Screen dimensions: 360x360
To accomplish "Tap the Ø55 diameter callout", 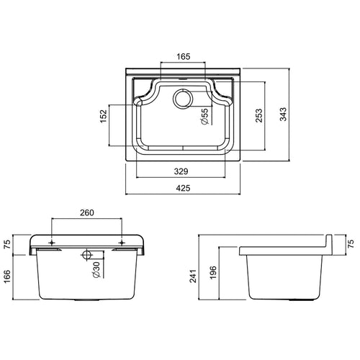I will tap(204, 118).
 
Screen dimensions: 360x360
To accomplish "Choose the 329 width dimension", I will tap(182, 172).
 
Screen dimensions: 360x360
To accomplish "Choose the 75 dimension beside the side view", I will tap(351, 243).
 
